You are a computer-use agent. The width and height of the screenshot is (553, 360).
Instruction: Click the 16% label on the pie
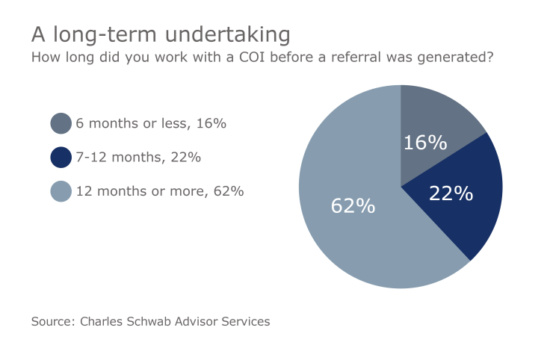pos(424,143)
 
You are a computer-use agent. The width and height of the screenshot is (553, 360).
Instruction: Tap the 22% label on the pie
pos(451,193)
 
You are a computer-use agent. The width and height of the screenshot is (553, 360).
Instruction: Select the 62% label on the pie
pos(353,205)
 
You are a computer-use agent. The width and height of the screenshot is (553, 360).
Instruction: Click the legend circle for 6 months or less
pos(61,123)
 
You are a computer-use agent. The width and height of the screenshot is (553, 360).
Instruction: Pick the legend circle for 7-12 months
pos(61,158)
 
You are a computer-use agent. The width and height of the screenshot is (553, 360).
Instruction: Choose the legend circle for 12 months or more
pos(61,191)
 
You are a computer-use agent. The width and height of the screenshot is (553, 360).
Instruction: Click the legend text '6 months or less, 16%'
pos(151,123)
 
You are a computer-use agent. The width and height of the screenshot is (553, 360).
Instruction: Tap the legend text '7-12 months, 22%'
pos(138,158)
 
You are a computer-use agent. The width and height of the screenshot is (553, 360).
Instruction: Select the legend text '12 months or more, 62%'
pos(160,191)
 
